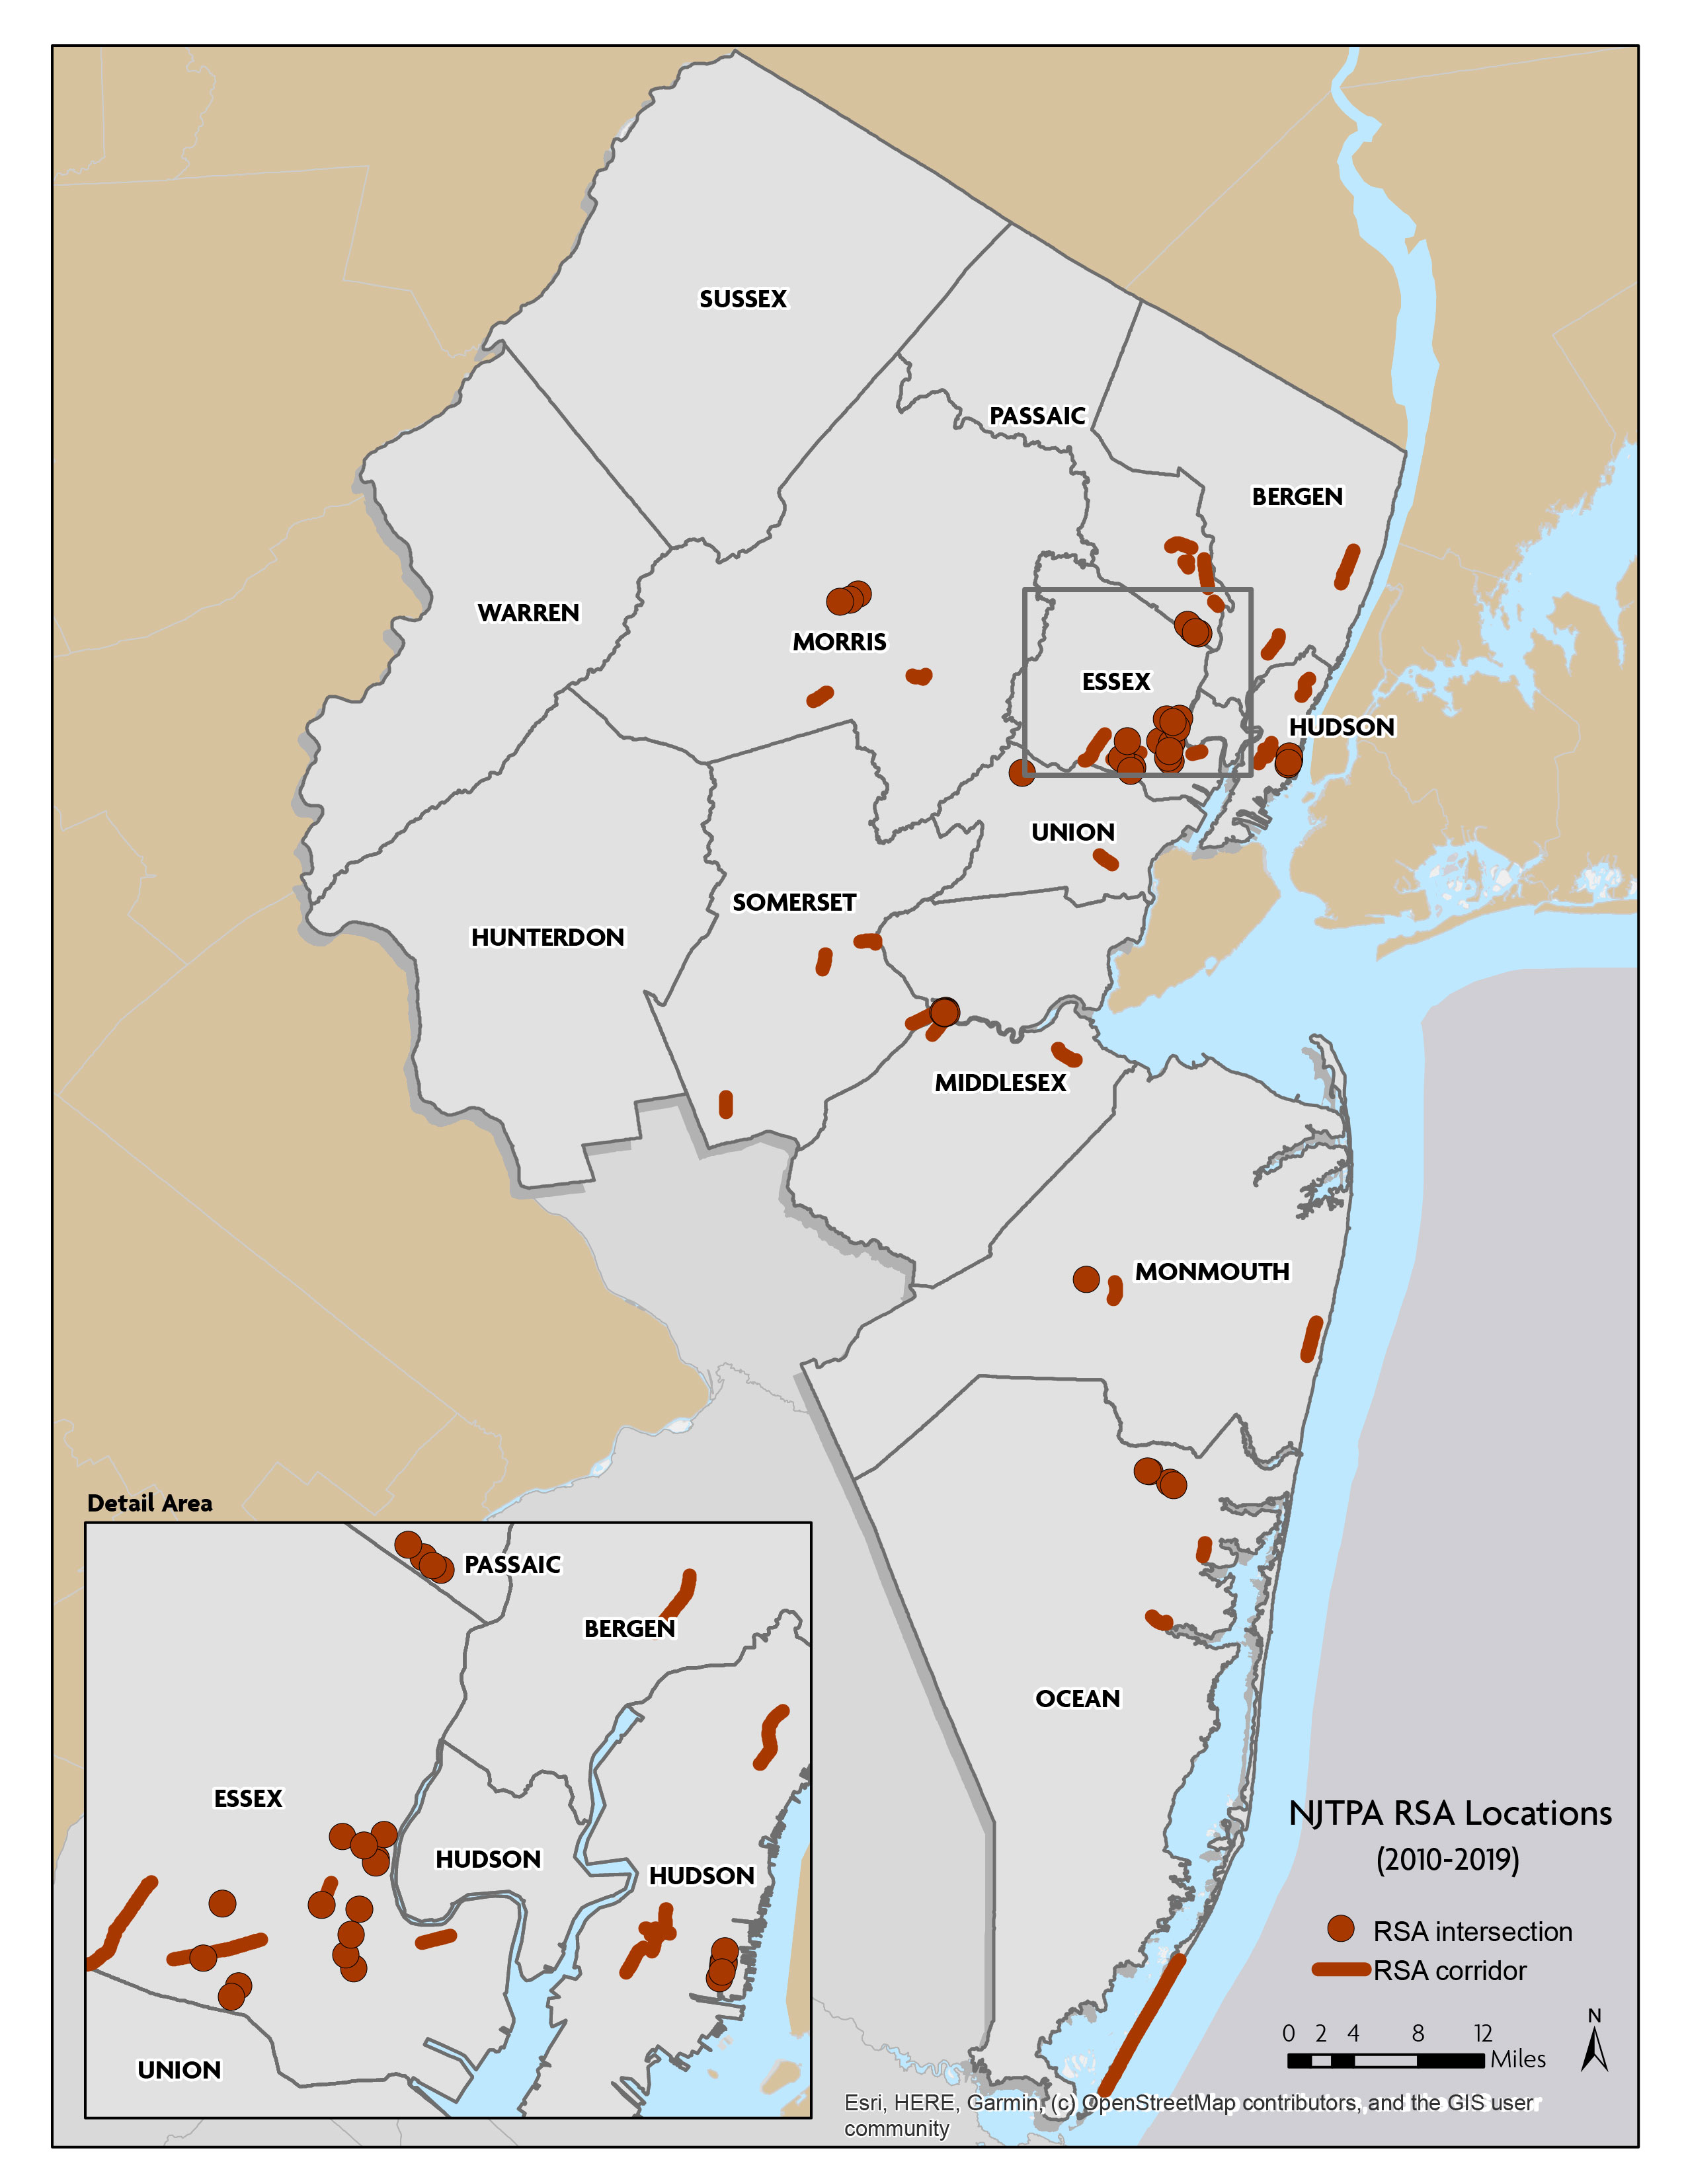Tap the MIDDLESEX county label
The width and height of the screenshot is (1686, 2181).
[x=1000, y=1083]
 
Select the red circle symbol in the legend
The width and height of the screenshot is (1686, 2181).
[x=1340, y=1929]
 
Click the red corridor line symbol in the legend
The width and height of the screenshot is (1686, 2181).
[x=1340, y=1970]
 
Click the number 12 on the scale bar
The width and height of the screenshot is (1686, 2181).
[x=1482, y=2033]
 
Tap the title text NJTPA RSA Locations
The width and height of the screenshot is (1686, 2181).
[x=1449, y=1814]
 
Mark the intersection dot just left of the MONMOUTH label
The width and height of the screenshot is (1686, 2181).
[x=1086, y=1280]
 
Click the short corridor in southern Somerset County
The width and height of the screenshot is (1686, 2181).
[x=726, y=1104]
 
